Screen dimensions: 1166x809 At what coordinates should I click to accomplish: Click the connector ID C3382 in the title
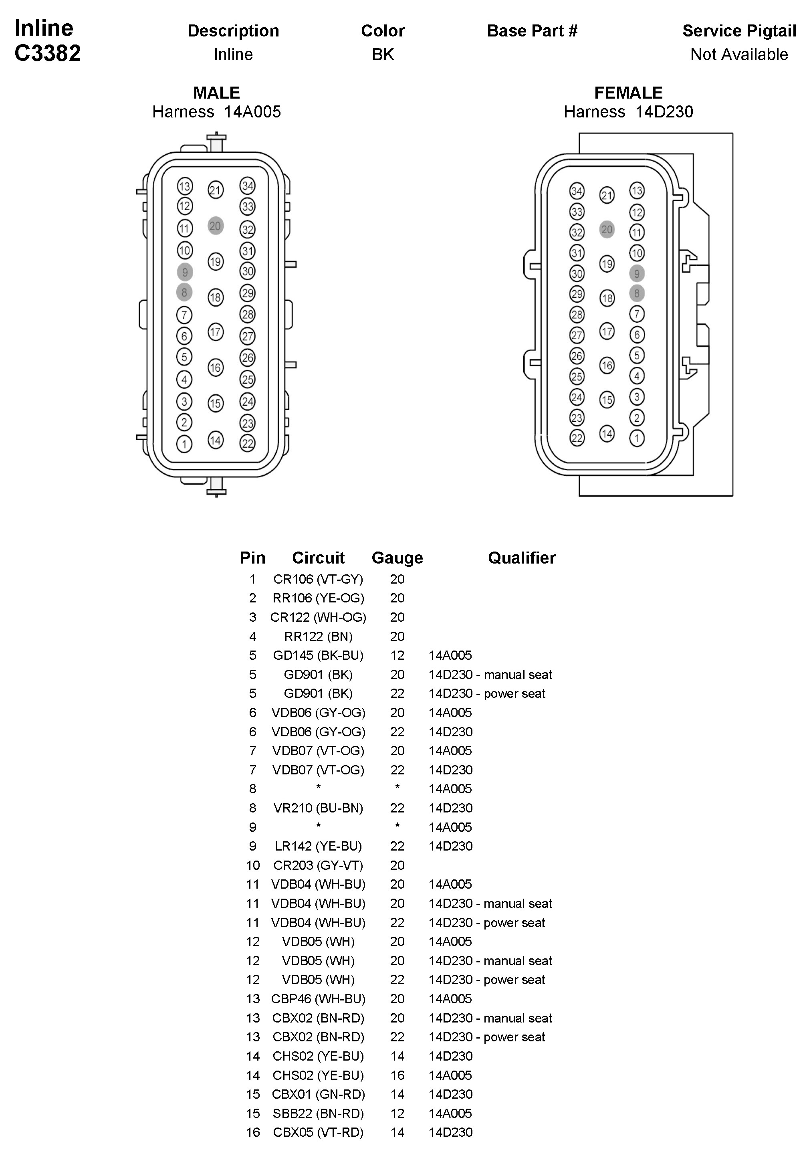point(48,53)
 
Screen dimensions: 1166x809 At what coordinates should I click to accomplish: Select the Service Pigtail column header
point(738,31)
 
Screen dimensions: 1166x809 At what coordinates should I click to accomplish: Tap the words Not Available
point(738,54)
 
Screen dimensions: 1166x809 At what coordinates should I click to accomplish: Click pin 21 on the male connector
point(216,190)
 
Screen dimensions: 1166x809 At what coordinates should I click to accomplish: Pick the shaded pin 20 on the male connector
point(216,226)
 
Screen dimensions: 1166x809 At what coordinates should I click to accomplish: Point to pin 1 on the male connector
point(184,444)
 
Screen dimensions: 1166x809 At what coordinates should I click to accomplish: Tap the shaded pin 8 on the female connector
point(637,293)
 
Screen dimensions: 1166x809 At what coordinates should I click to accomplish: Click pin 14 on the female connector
point(607,433)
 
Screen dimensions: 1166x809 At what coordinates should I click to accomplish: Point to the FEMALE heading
point(628,93)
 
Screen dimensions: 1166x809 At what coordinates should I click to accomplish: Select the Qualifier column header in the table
point(522,558)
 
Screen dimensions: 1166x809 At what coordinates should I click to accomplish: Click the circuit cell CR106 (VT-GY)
point(318,579)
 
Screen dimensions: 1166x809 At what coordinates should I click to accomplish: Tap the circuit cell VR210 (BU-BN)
point(318,808)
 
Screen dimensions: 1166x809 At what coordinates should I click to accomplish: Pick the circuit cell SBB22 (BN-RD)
point(318,1113)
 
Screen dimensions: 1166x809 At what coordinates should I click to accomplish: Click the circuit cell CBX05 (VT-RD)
point(318,1132)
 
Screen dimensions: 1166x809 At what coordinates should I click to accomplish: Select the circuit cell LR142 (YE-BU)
point(318,846)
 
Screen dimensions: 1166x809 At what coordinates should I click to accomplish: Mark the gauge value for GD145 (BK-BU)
point(397,655)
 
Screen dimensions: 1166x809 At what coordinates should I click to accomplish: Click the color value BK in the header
point(383,54)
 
